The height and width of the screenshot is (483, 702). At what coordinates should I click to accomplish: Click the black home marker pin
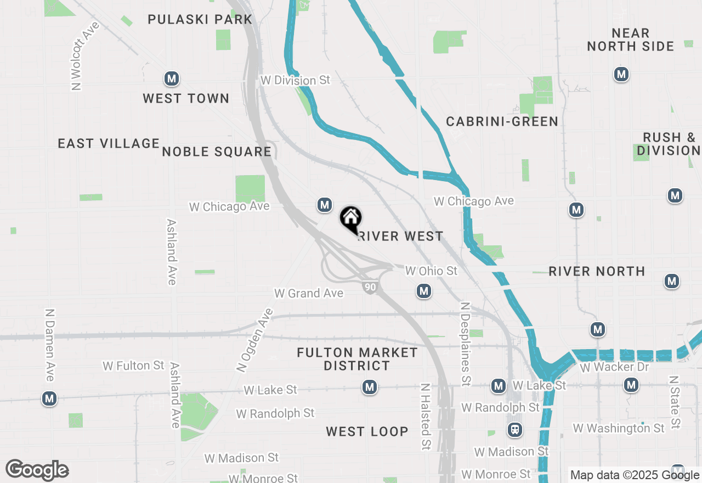350,219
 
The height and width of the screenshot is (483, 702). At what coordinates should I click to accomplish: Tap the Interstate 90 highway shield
370,287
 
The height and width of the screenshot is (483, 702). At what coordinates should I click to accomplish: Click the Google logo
37,470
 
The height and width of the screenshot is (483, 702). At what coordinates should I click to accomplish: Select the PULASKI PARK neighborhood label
200,20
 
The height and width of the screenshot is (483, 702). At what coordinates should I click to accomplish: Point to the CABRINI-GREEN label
502,121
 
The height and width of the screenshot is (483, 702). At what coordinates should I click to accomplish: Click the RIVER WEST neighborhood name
400,237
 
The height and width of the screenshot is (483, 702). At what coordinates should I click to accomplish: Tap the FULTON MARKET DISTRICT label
357,359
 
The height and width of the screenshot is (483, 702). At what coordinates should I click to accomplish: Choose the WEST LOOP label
367,431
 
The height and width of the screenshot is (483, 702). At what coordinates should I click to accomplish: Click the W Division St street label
296,80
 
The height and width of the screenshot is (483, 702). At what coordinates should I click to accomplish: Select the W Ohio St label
431,271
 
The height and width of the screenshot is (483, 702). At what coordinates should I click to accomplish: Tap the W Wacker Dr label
614,367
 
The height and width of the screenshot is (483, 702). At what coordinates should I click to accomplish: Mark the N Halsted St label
424,417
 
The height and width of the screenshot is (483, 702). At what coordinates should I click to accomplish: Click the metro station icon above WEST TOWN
172,78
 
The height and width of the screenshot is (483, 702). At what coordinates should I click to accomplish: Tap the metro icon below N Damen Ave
49,398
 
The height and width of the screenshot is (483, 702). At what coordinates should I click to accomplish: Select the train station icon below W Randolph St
515,429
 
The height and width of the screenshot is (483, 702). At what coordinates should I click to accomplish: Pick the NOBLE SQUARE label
217,151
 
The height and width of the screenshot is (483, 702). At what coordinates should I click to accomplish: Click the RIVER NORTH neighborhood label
597,271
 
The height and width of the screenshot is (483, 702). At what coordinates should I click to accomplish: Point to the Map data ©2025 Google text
635,475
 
